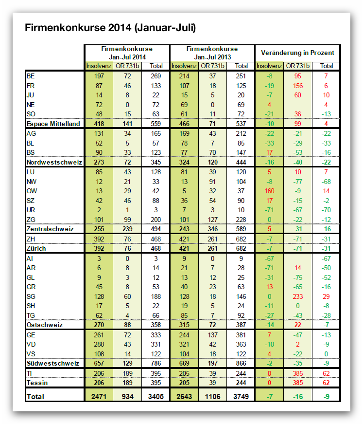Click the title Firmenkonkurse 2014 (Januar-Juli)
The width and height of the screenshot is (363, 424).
click(x=110, y=28)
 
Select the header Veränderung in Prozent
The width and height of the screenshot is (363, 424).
click(x=297, y=53)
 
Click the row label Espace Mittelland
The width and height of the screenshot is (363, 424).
click(x=53, y=124)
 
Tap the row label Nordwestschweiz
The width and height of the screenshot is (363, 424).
click(x=54, y=162)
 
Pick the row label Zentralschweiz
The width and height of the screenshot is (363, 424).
click(x=50, y=229)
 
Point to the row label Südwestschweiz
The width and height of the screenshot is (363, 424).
click(x=53, y=363)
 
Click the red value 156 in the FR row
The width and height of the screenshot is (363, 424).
click(x=298, y=86)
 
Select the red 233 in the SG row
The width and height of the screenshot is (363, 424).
click(x=298, y=296)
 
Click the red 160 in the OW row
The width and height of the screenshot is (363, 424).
click(x=269, y=191)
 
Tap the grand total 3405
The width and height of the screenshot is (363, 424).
click(x=156, y=397)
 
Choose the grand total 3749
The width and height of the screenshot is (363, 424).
click(x=241, y=397)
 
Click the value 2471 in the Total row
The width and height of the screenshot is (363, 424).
click(x=99, y=397)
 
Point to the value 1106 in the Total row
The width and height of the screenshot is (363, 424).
click(x=213, y=397)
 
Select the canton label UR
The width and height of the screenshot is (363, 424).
click(x=31, y=210)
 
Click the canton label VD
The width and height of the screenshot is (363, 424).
click(x=31, y=345)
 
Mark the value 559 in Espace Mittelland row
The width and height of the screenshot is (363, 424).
click(x=156, y=124)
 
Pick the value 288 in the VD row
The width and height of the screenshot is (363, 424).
click(x=99, y=345)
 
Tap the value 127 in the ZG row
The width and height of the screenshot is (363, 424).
click(x=213, y=220)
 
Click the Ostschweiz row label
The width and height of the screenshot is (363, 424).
click(x=45, y=325)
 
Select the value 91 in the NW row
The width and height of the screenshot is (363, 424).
click(x=213, y=182)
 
